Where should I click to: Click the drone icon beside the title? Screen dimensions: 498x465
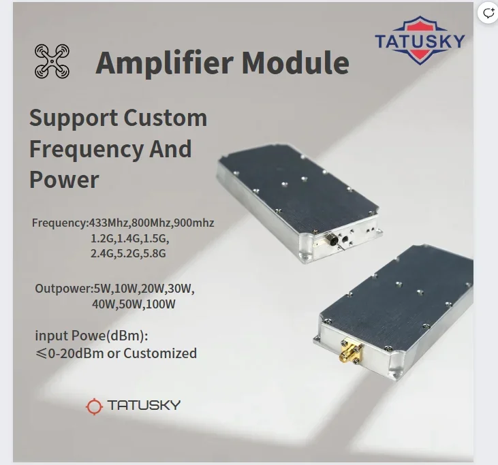tap(52, 61)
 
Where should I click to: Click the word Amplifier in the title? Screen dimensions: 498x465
tap(164, 63)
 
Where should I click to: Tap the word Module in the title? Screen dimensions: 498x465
tap(296, 62)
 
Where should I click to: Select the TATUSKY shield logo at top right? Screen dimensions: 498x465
tap(420, 40)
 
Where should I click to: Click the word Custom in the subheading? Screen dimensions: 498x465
tap(165, 118)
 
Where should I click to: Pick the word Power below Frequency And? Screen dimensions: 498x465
tap(64, 180)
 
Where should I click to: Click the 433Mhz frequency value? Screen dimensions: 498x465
tap(108, 223)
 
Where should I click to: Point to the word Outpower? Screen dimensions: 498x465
tap(63, 289)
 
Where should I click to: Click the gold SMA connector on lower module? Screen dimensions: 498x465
tap(352, 353)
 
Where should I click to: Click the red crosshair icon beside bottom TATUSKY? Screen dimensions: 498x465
tap(94, 406)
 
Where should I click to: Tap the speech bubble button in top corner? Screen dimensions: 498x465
tap(488, 13)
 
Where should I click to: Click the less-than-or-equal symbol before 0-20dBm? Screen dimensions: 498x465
tap(41, 353)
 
